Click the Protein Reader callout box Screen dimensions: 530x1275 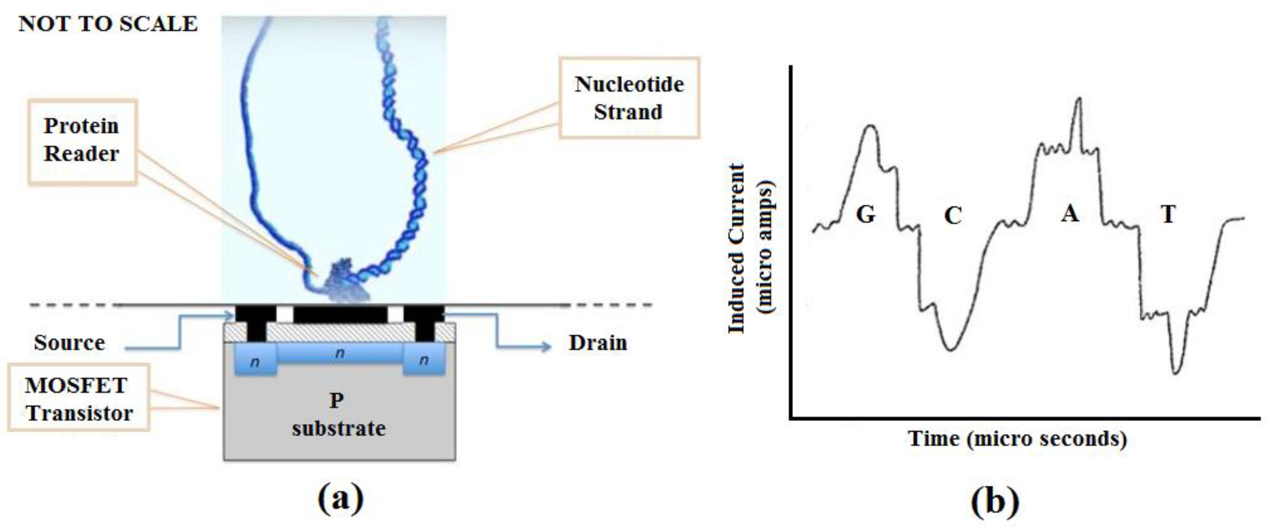(82, 141)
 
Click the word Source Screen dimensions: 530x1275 (69, 343)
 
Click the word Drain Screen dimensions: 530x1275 (597, 343)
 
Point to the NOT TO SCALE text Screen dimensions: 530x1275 (108, 24)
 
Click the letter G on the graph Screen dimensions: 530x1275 (866, 214)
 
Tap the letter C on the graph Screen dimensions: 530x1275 (953, 215)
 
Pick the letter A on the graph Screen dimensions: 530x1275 (1070, 214)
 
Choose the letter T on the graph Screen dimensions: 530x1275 (1168, 214)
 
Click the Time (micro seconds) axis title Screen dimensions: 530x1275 (1017, 439)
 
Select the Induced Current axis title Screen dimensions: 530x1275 (750, 248)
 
